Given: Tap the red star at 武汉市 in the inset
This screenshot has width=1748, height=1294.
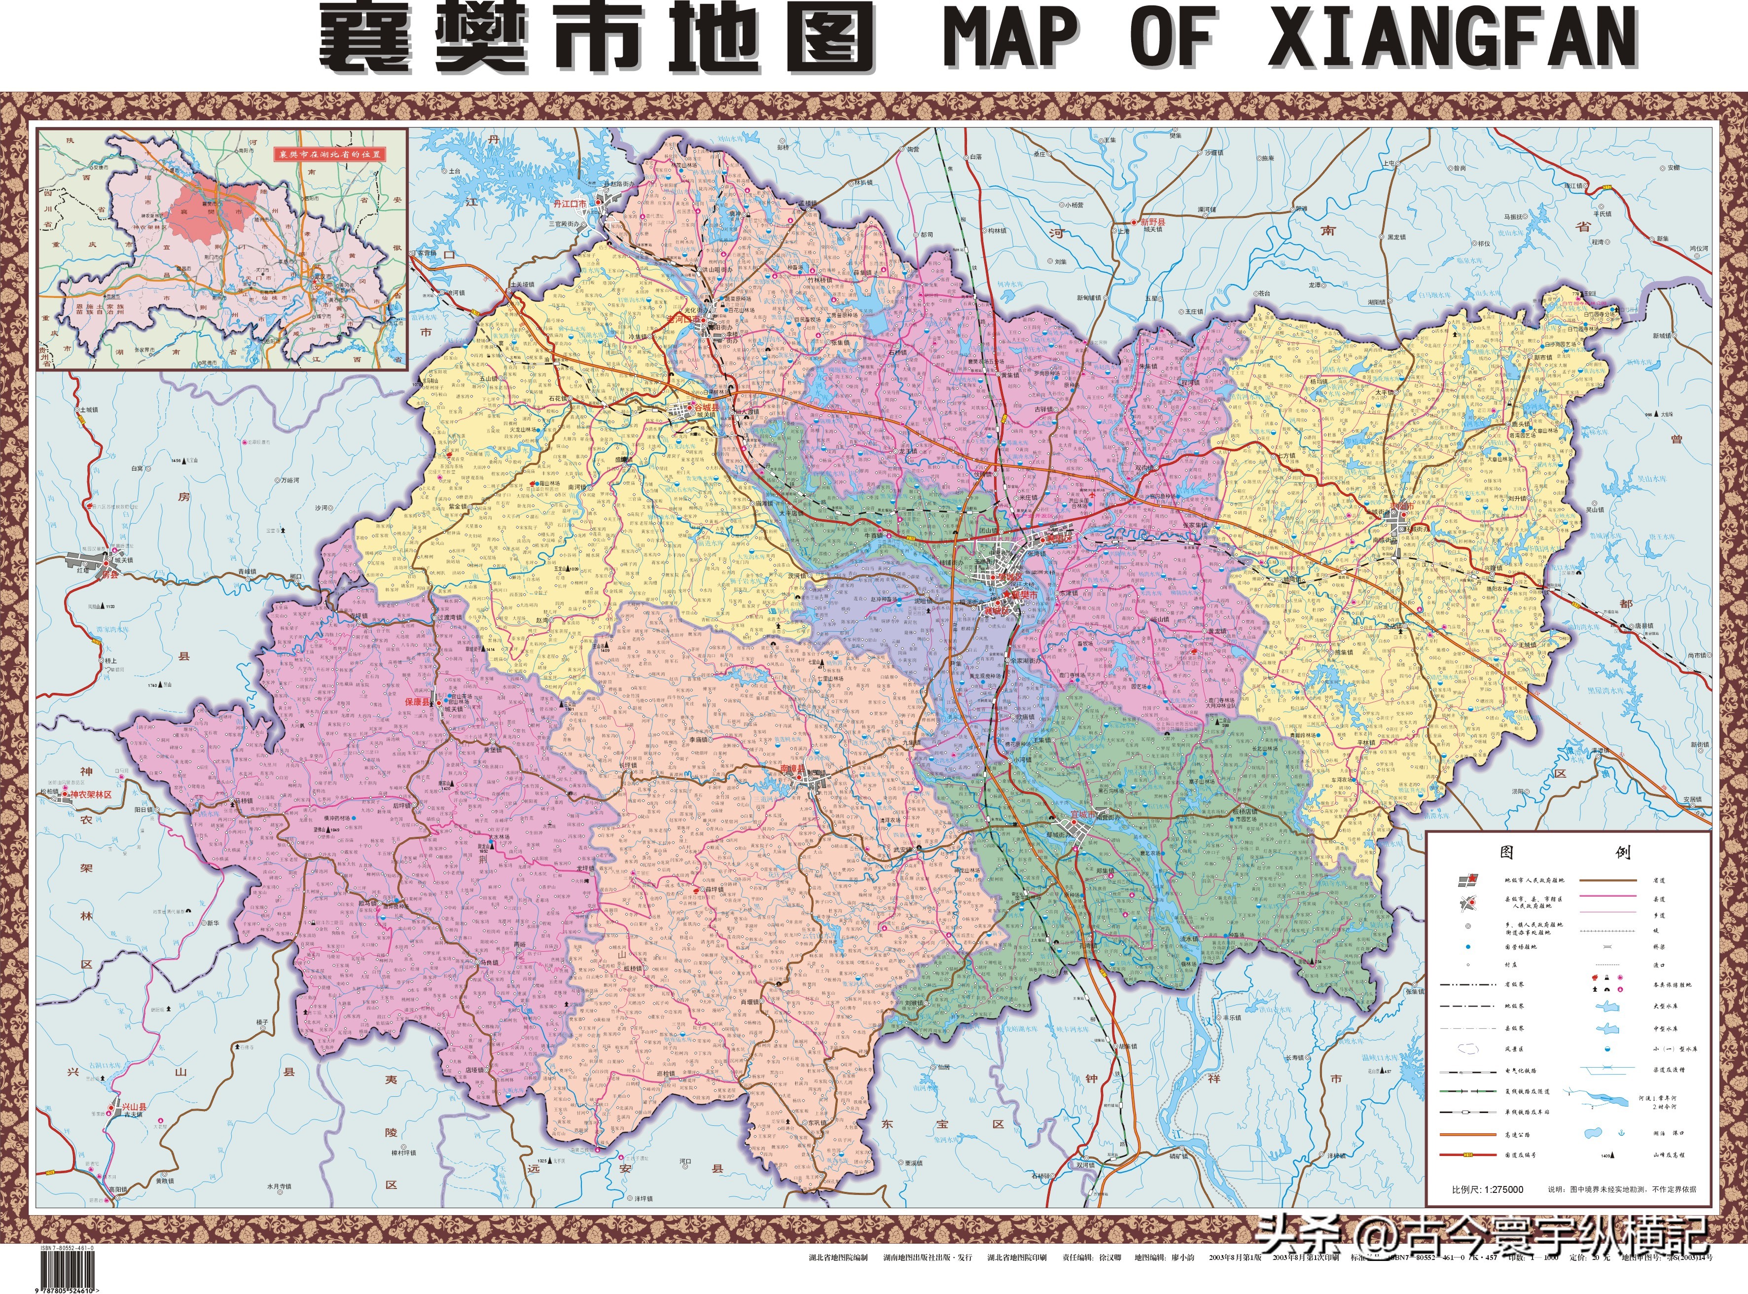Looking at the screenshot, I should (319, 276).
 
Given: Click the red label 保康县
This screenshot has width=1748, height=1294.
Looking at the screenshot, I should (418, 703).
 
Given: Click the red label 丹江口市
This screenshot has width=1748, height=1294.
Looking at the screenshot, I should (570, 204).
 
